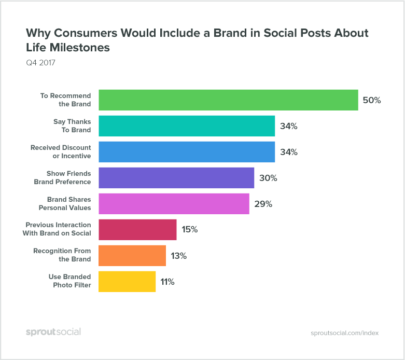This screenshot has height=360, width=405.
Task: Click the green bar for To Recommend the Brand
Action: (x=228, y=100)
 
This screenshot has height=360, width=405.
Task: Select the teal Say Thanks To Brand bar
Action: (x=187, y=126)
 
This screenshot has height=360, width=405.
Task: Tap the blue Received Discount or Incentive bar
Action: (x=187, y=152)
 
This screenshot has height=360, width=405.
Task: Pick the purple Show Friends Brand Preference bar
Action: (x=176, y=178)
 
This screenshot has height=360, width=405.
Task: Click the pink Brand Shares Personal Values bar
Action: (x=174, y=204)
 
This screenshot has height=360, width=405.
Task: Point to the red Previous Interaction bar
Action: (x=137, y=230)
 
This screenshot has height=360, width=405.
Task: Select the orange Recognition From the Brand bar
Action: (x=132, y=256)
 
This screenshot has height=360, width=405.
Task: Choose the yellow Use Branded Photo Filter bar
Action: (x=127, y=282)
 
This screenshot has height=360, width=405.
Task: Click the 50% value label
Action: (x=372, y=100)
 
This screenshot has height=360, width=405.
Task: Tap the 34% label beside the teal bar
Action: (x=288, y=126)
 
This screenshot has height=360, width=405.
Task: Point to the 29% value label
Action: (x=263, y=204)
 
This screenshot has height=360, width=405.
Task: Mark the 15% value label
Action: (x=189, y=230)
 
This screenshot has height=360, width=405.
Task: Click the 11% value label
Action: (x=167, y=282)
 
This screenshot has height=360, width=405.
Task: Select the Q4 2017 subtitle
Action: (x=40, y=63)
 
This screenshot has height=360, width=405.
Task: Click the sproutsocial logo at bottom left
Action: (x=53, y=332)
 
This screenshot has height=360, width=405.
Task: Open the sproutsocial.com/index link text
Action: (x=344, y=333)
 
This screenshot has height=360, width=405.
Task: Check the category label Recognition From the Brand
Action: (x=62, y=255)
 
